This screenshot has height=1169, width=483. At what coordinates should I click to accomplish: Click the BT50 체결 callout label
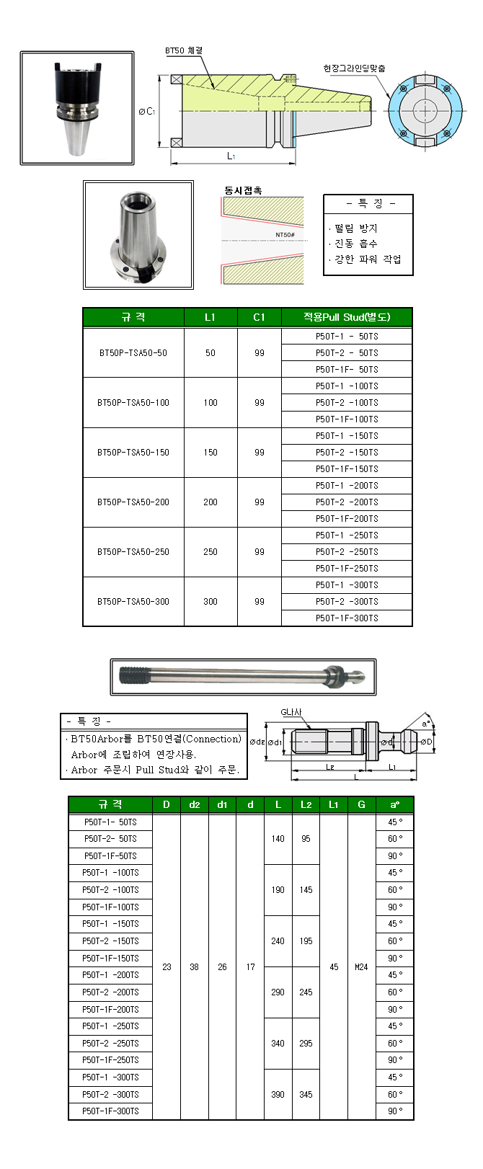tap(184, 50)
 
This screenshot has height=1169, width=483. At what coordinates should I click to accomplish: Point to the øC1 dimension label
tap(147, 112)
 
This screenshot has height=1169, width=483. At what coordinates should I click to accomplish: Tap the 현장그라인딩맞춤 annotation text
tap(354, 68)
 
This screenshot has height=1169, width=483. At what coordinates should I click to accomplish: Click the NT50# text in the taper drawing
tap(285, 235)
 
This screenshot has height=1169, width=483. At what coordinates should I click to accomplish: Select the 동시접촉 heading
tap(243, 190)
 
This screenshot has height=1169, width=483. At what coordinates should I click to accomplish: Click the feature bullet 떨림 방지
tap(355, 228)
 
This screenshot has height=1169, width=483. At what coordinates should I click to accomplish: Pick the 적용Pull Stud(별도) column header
tap(346, 317)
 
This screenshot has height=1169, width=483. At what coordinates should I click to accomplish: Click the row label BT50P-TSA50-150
tap(133, 453)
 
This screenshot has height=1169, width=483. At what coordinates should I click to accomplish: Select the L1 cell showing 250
tap(211, 552)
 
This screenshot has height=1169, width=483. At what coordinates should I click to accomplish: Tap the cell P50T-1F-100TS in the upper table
tap(346, 419)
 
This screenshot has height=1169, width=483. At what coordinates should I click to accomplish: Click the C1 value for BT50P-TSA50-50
tap(260, 353)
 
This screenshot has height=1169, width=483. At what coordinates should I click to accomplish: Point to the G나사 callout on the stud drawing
tap(291, 712)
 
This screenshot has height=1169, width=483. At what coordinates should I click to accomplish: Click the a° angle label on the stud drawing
tap(427, 722)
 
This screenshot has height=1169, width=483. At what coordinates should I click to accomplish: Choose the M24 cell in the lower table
tap(361, 967)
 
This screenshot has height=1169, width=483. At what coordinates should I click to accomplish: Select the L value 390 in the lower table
tap(278, 1094)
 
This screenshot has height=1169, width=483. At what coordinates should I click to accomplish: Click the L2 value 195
tap(306, 941)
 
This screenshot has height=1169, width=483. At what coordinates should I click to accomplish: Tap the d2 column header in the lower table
tap(194, 804)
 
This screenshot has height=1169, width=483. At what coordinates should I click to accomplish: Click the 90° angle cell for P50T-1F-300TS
tap(395, 1111)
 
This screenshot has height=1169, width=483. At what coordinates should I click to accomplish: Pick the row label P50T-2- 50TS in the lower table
tap(110, 839)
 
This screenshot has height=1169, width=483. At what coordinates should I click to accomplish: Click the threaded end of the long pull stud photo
tap(130, 677)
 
